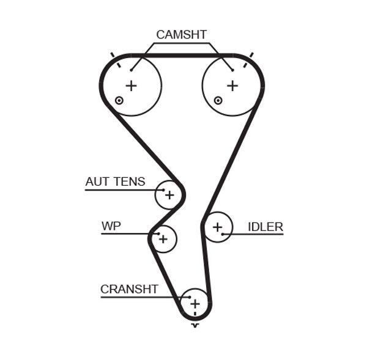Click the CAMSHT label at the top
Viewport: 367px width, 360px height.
pyautogui.click(x=181, y=35)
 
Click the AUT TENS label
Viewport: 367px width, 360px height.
pyautogui.click(x=115, y=182)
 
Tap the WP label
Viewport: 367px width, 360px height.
pyautogui.click(x=111, y=226)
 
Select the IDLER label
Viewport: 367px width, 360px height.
pyautogui.click(x=265, y=227)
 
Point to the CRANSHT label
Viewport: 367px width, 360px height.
pyautogui.click(x=129, y=289)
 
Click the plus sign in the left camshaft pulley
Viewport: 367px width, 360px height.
pyautogui.click(x=131, y=86)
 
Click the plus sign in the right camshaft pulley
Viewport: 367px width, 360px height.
pyautogui.click(x=232, y=86)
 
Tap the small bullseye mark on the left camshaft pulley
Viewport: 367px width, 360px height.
pyautogui.click(x=119, y=100)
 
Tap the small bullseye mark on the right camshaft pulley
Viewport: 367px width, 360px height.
pyautogui.click(x=217, y=100)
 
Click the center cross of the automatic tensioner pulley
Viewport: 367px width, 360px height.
pyautogui.click(x=169, y=196)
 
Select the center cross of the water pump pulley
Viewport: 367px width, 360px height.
pyautogui.click(x=163, y=239)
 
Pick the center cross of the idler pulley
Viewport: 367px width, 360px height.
pyautogui.click(x=217, y=228)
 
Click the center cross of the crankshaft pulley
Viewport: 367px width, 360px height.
pyautogui.click(x=195, y=303)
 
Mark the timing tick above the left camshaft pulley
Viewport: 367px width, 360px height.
pyautogui.click(x=113, y=57)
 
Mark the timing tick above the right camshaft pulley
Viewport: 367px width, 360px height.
pyautogui.click(x=251, y=57)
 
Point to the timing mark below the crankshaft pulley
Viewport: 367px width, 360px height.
pyautogui.click(x=195, y=325)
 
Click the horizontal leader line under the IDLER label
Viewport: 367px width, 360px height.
pyautogui.click(x=257, y=234)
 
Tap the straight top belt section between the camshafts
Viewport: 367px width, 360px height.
pyautogui.click(x=182, y=55)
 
